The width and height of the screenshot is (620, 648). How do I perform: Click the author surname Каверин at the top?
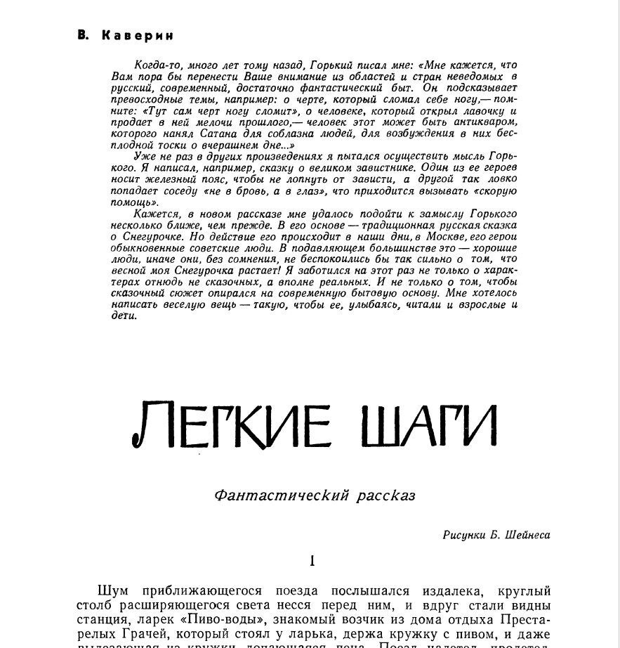pos(138,35)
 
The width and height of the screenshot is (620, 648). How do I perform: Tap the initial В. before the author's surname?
pos(84,35)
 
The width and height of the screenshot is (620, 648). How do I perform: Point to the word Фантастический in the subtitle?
pos(282,495)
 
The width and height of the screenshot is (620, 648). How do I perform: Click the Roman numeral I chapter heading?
pos(312,561)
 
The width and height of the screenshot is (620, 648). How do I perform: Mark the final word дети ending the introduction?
pos(124,316)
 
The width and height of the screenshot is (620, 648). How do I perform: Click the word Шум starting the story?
pos(113,591)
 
